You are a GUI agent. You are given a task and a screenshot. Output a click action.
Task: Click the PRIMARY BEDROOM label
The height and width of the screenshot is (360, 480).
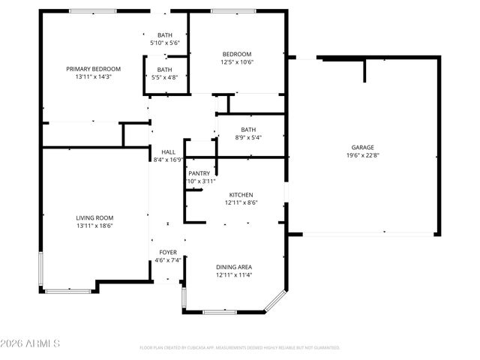point(93,69)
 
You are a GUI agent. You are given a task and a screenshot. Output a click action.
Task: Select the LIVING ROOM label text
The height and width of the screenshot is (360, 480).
point(94,217)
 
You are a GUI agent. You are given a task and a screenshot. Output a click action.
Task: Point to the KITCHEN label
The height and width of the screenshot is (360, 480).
point(241,194)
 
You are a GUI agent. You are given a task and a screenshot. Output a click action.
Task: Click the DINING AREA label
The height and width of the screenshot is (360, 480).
point(234,267)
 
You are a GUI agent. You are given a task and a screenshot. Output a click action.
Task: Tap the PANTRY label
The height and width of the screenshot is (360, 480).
point(199,173)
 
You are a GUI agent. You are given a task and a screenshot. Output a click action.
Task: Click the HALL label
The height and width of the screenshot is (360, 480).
point(169,151)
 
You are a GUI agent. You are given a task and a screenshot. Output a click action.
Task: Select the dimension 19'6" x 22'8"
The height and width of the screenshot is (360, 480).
point(363,156)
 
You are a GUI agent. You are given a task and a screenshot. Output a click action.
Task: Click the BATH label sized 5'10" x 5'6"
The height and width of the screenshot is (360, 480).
point(165,35)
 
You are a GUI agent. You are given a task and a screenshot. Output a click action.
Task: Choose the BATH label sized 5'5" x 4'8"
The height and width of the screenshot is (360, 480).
point(164,70)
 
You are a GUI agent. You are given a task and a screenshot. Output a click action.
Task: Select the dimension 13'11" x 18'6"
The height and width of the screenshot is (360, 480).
point(94,225)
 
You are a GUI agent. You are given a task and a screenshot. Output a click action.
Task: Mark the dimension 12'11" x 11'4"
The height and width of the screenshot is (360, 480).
point(234,274)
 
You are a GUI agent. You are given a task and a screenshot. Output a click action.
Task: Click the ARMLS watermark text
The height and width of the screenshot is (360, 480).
point(31,343)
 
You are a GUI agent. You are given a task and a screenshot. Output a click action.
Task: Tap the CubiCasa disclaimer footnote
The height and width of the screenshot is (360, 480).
point(240,348)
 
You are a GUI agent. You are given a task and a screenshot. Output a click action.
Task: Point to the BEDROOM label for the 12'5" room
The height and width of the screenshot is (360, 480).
point(237,54)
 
